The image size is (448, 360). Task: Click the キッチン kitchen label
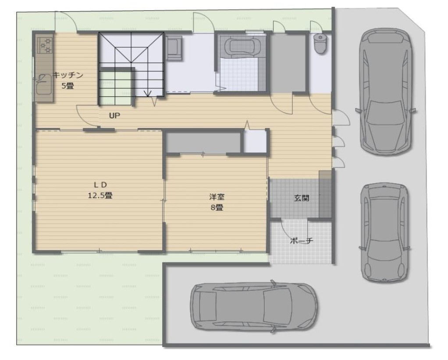click(x=68, y=75)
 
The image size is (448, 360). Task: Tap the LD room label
click(x=100, y=185)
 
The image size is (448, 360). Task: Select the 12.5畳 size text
click(x=100, y=196)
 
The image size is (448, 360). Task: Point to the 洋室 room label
click(x=217, y=197)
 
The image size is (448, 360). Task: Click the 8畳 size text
click(x=217, y=208)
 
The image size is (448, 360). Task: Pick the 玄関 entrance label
click(x=302, y=198)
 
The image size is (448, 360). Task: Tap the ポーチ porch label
click(x=302, y=241)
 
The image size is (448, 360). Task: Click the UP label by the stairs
click(x=114, y=116)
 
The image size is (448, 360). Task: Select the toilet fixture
click(x=320, y=43)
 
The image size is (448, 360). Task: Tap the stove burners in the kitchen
click(x=46, y=45)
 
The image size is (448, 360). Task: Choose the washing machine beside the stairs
click(x=174, y=48)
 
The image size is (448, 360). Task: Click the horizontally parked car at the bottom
click(x=254, y=307)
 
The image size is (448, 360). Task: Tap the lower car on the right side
click(x=384, y=233)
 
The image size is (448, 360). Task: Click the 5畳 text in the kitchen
click(x=68, y=86)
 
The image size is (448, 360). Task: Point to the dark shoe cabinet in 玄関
click(x=325, y=194)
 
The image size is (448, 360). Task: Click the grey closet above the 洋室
click(x=203, y=142)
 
